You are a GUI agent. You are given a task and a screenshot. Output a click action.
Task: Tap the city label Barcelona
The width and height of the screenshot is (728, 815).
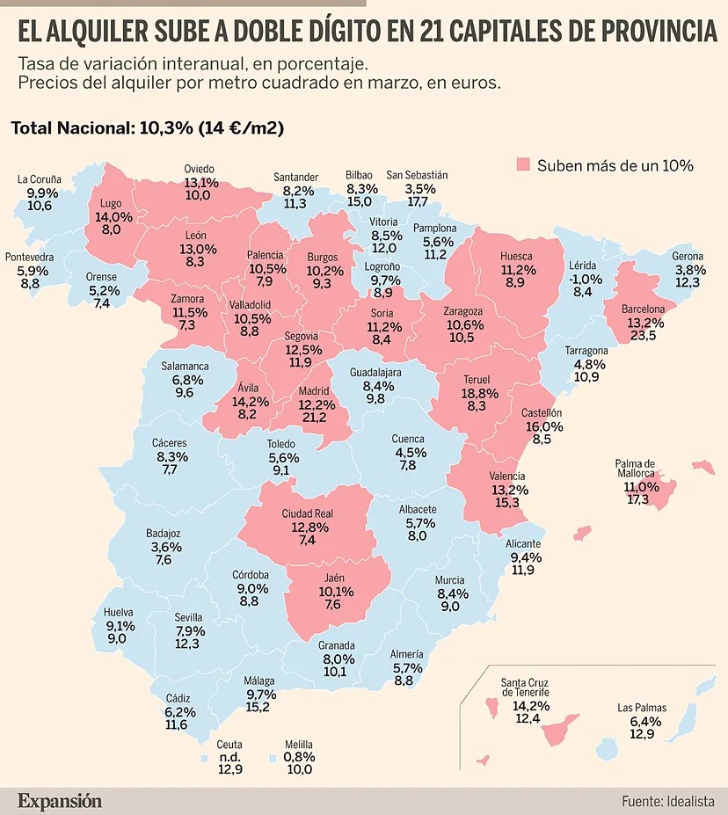pos(644,309)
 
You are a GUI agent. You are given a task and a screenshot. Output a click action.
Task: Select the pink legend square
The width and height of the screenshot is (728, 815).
pos(523,164)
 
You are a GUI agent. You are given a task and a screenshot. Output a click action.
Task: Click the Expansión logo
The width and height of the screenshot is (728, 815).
pos(60,800)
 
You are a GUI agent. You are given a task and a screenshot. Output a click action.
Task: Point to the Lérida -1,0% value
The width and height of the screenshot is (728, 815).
pos(585,279)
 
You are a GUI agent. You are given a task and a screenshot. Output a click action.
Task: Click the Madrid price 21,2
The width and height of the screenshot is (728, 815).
pos(315,417)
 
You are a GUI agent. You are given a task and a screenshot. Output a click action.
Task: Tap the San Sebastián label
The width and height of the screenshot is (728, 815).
pos(417,175)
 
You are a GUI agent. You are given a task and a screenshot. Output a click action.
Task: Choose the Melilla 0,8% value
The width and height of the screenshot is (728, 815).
pos(299,757)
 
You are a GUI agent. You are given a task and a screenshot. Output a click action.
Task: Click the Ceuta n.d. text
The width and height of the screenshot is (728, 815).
pos(229,757)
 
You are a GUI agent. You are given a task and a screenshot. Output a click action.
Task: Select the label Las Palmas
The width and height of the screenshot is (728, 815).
pos(642,708)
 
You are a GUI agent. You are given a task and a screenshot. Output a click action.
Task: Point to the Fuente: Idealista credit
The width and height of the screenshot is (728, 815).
pos(667,801)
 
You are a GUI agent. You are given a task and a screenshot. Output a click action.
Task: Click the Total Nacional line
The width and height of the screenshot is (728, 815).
pos(148,127)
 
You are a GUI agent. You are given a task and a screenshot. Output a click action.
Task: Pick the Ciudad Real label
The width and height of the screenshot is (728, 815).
pos(307,513)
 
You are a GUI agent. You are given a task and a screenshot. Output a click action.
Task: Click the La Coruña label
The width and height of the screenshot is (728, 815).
pos(39,179)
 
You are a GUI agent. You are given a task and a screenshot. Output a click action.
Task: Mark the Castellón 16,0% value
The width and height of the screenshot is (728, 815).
pos(544,426)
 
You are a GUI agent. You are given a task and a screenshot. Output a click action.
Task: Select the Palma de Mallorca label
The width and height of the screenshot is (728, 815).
pos(635,469)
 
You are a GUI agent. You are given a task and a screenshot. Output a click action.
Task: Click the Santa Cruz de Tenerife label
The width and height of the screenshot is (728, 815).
pos(525,688)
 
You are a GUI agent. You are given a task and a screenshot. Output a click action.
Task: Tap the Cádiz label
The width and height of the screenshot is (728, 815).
pos(178,698)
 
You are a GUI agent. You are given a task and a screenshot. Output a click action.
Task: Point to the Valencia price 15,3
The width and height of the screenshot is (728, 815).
pos(507,502)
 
